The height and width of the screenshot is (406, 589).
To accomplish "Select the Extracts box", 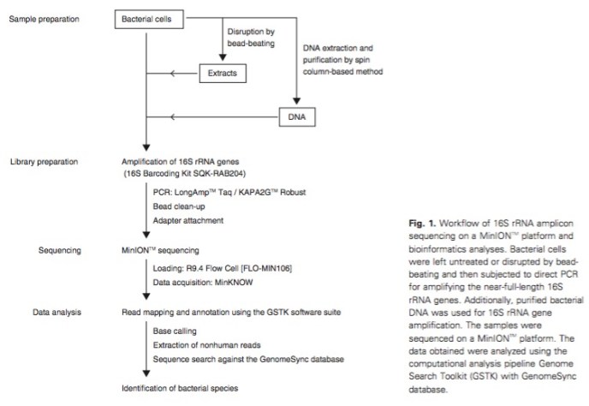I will (223, 74).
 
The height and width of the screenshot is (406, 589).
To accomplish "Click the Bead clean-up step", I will (181, 207).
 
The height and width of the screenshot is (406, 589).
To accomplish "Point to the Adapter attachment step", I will (190, 221).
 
